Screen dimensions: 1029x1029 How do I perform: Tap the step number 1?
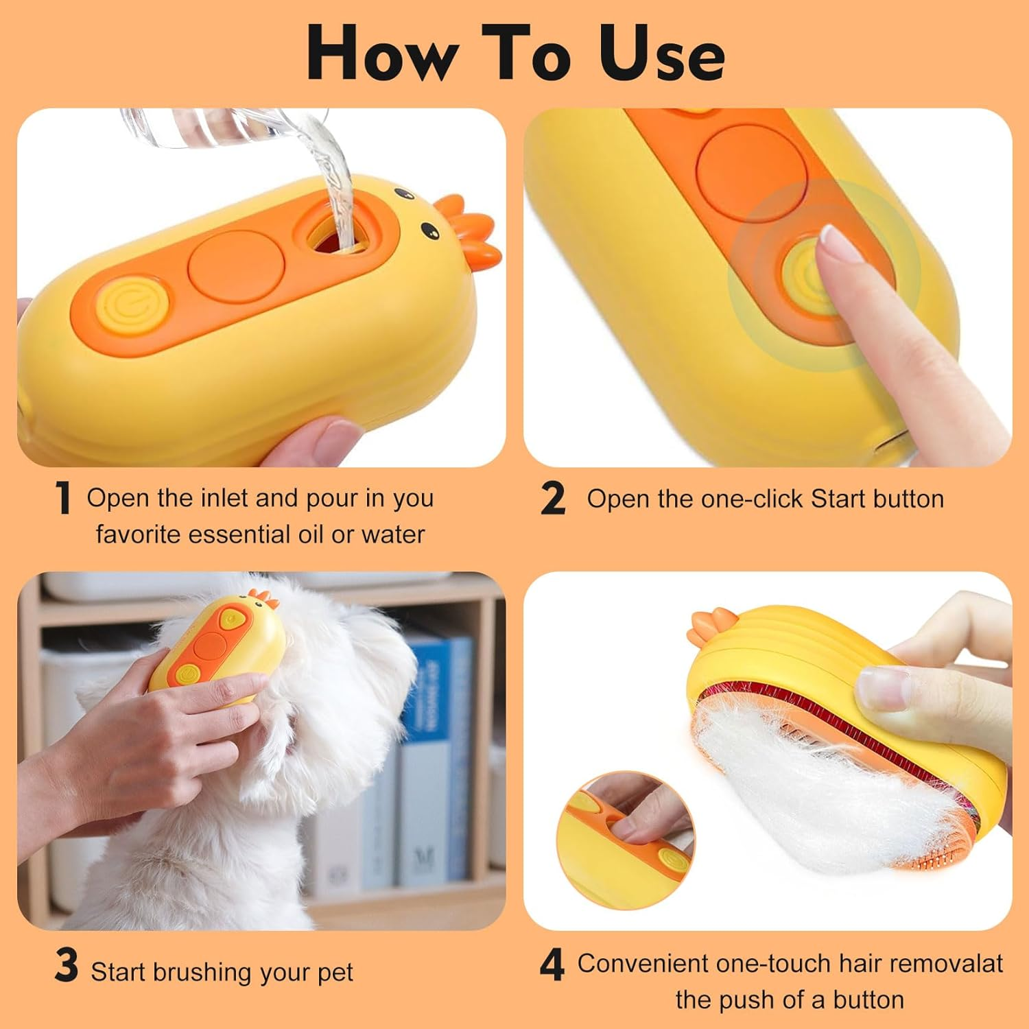[x=63, y=497]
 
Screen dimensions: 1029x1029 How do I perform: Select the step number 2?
[x=553, y=498]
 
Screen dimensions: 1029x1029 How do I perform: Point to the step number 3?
[x=67, y=966]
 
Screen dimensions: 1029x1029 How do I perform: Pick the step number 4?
[x=552, y=965]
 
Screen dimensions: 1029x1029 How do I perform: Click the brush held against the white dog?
[x=213, y=648]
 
